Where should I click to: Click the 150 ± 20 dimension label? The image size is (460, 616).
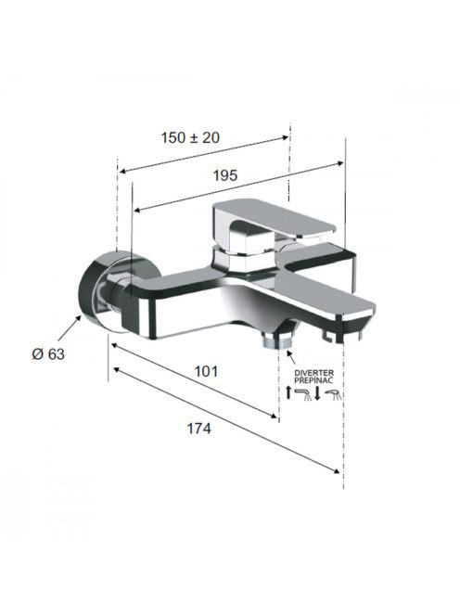[190, 137]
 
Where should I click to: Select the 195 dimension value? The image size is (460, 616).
[225, 175]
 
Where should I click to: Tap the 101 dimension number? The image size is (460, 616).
[206, 371]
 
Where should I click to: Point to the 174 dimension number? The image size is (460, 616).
[198, 429]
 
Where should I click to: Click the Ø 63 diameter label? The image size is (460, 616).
[48, 354]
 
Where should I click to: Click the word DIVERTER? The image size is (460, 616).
[314, 372]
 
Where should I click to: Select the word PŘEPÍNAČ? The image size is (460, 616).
[313, 379]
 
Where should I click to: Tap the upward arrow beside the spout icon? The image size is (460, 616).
[288, 392]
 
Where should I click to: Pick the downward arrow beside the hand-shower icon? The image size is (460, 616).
[317, 393]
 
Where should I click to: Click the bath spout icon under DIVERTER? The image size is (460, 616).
[303, 394]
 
